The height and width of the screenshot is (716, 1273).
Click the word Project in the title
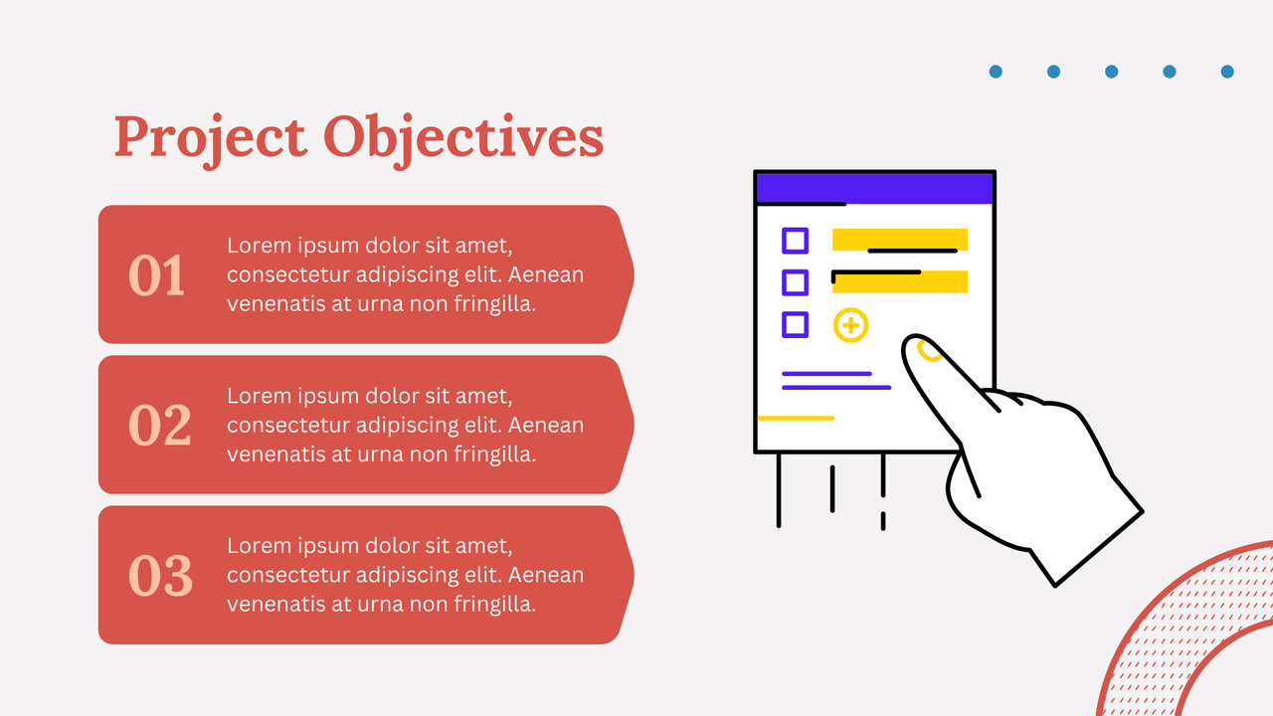tap(210, 137)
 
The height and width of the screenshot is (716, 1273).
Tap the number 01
tap(157, 275)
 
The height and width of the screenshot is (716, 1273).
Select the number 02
tap(159, 426)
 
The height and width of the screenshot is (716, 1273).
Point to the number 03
tap(159, 576)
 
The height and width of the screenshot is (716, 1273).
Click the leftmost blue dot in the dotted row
tap(996, 72)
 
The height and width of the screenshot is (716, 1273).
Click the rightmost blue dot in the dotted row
tap(1227, 72)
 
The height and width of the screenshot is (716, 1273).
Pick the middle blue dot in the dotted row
tap(1111, 72)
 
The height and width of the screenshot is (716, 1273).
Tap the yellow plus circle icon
tap(850, 325)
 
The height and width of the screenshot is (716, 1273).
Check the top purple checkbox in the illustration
tap(795, 241)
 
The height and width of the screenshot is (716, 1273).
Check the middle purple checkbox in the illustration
tap(795, 282)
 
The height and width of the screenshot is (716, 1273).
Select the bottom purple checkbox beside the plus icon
tap(795, 324)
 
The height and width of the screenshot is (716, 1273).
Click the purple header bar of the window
tap(874, 188)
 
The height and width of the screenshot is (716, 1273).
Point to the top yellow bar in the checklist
tap(899, 238)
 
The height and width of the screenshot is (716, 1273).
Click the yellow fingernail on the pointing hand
tap(929, 351)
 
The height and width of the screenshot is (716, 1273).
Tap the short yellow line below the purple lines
tap(796, 419)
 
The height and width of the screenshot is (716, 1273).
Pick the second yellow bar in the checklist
tap(899, 282)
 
